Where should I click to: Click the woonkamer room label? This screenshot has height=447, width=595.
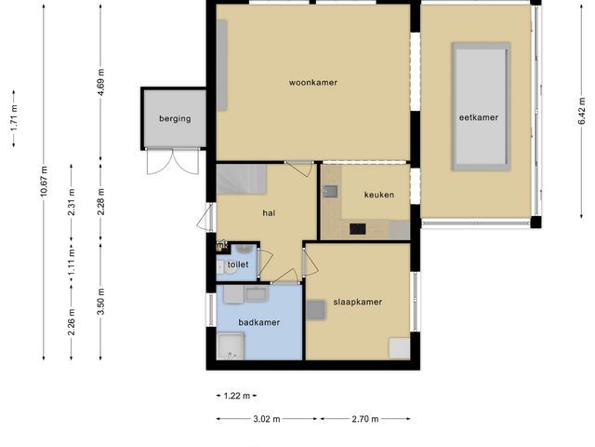[313, 83]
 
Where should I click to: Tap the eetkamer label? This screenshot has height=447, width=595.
[479, 117]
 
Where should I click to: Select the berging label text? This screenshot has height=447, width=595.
[175, 118]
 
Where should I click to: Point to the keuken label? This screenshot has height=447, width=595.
[379, 195]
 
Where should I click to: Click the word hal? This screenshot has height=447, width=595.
[269, 213]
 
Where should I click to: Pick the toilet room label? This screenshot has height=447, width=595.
[238, 264]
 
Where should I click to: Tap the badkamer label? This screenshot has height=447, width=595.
[259, 322]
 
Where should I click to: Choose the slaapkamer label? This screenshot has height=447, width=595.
[357, 302]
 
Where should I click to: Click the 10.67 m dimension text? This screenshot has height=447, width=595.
[44, 182]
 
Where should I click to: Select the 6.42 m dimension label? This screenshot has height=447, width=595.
[581, 111]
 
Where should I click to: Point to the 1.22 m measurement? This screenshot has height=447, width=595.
[237, 396]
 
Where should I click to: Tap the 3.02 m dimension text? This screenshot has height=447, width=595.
[267, 419]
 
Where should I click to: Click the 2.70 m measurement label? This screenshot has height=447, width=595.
[365, 419]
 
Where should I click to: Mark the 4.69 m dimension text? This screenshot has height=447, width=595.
[101, 83]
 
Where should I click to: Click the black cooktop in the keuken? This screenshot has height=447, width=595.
[357, 229]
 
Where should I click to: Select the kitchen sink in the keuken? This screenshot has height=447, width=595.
[330, 192]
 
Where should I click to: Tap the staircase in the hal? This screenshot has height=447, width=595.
[242, 180]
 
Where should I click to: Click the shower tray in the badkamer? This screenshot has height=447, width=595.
[231, 345]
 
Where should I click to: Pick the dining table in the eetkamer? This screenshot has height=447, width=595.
[481, 107]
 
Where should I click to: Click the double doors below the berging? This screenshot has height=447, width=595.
[173, 162]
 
